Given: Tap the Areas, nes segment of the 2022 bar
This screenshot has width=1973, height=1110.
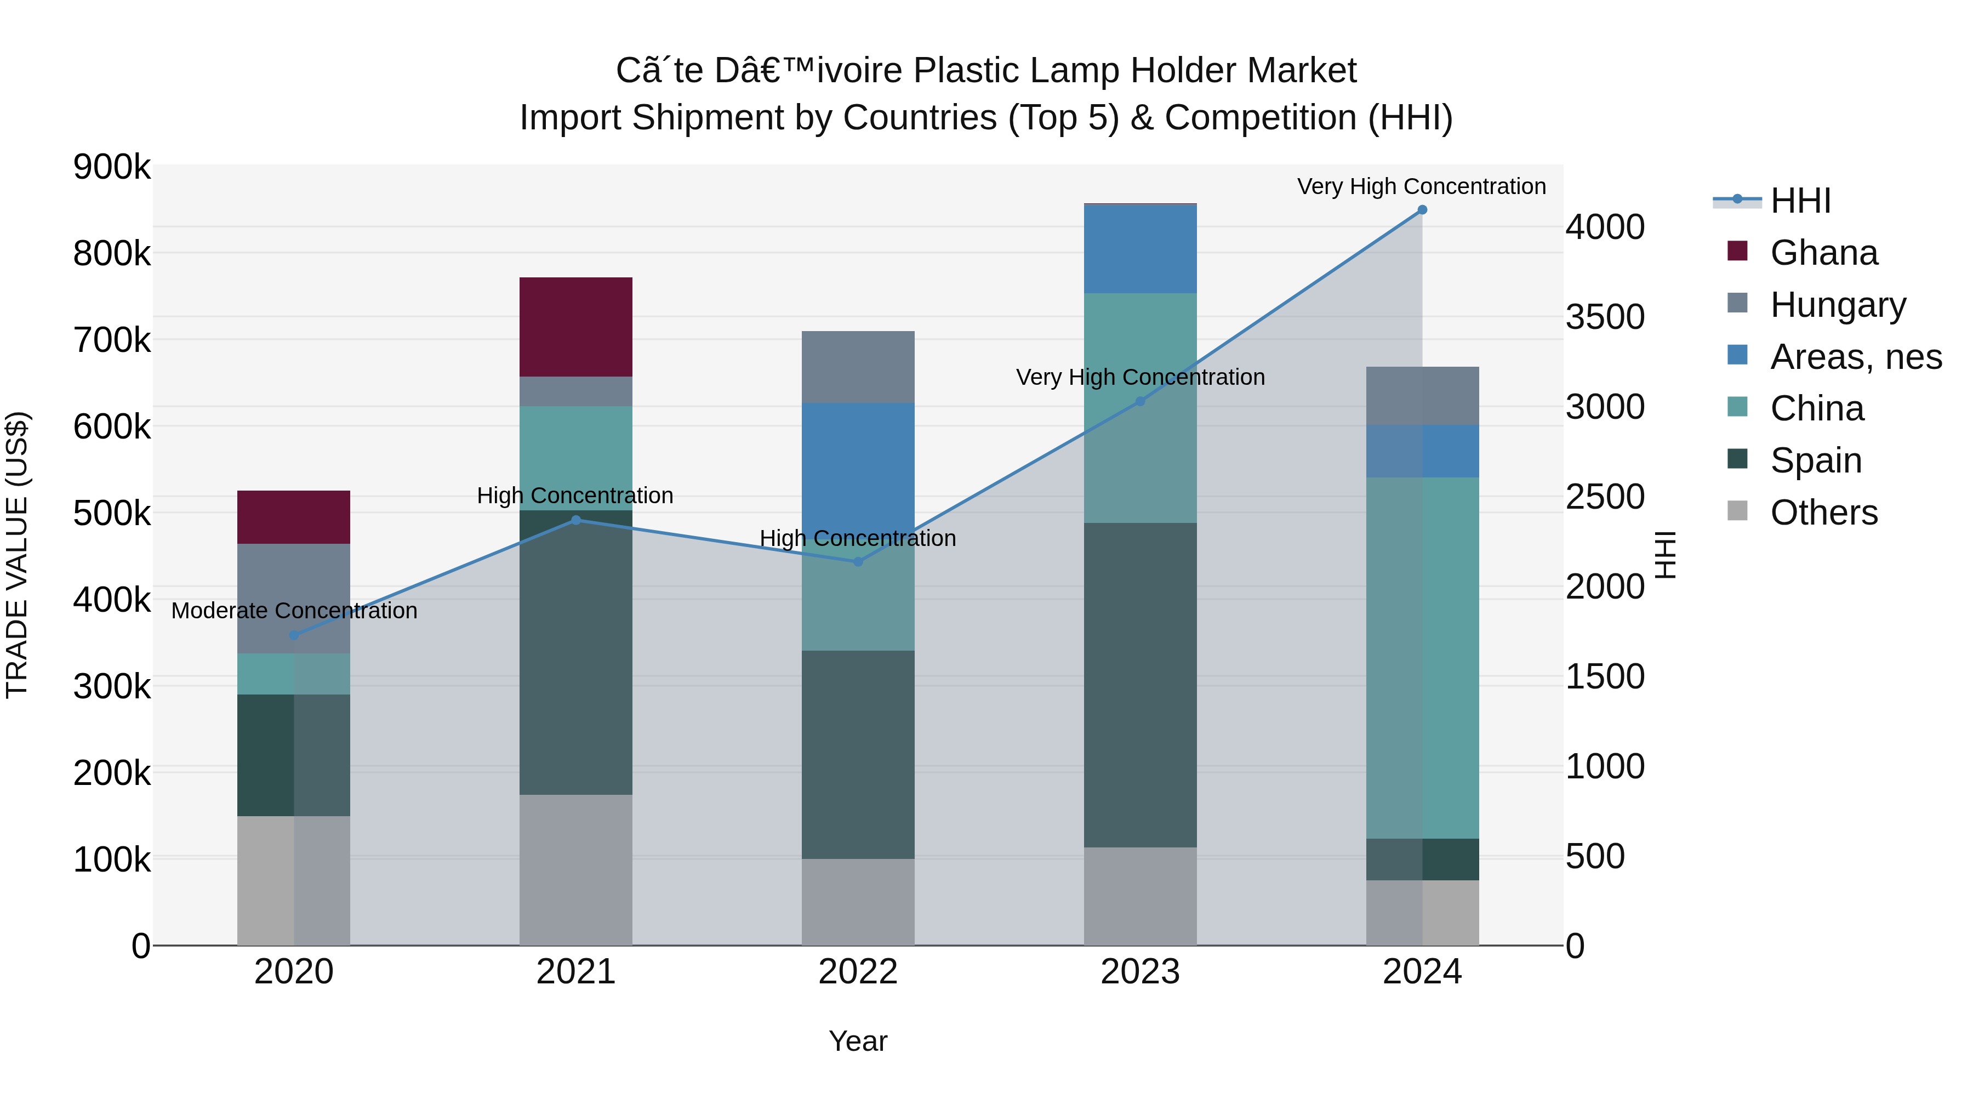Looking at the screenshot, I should click(x=858, y=467).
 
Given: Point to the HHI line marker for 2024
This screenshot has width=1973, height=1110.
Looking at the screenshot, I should click(x=1422, y=210).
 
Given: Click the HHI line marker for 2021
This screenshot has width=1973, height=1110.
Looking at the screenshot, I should click(x=576, y=520).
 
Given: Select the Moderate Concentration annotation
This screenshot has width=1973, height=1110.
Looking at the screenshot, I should click(x=294, y=611).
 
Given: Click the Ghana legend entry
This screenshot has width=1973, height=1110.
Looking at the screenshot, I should click(x=1823, y=253).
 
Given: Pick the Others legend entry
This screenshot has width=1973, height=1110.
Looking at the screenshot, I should click(x=1823, y=513).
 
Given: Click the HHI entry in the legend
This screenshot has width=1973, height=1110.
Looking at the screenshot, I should click(x=1800, y=201).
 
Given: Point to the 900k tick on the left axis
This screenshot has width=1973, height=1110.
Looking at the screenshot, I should click(x=112, y=167).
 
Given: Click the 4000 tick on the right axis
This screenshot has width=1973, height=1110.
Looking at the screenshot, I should click(x=1605, y=227).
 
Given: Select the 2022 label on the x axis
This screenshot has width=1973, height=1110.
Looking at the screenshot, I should click(x=858, y=972).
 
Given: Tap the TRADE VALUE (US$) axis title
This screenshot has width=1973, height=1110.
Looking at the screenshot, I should click(x=17, y=555).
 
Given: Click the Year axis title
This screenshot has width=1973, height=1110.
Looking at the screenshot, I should click(x=858, y=1041).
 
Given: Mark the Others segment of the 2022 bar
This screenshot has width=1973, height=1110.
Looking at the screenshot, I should click(x=858, y=902).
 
